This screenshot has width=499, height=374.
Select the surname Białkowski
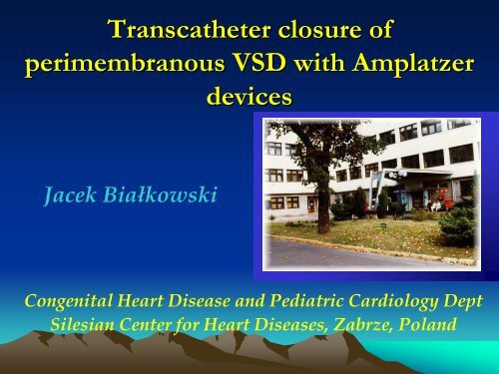click(164, 196)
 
